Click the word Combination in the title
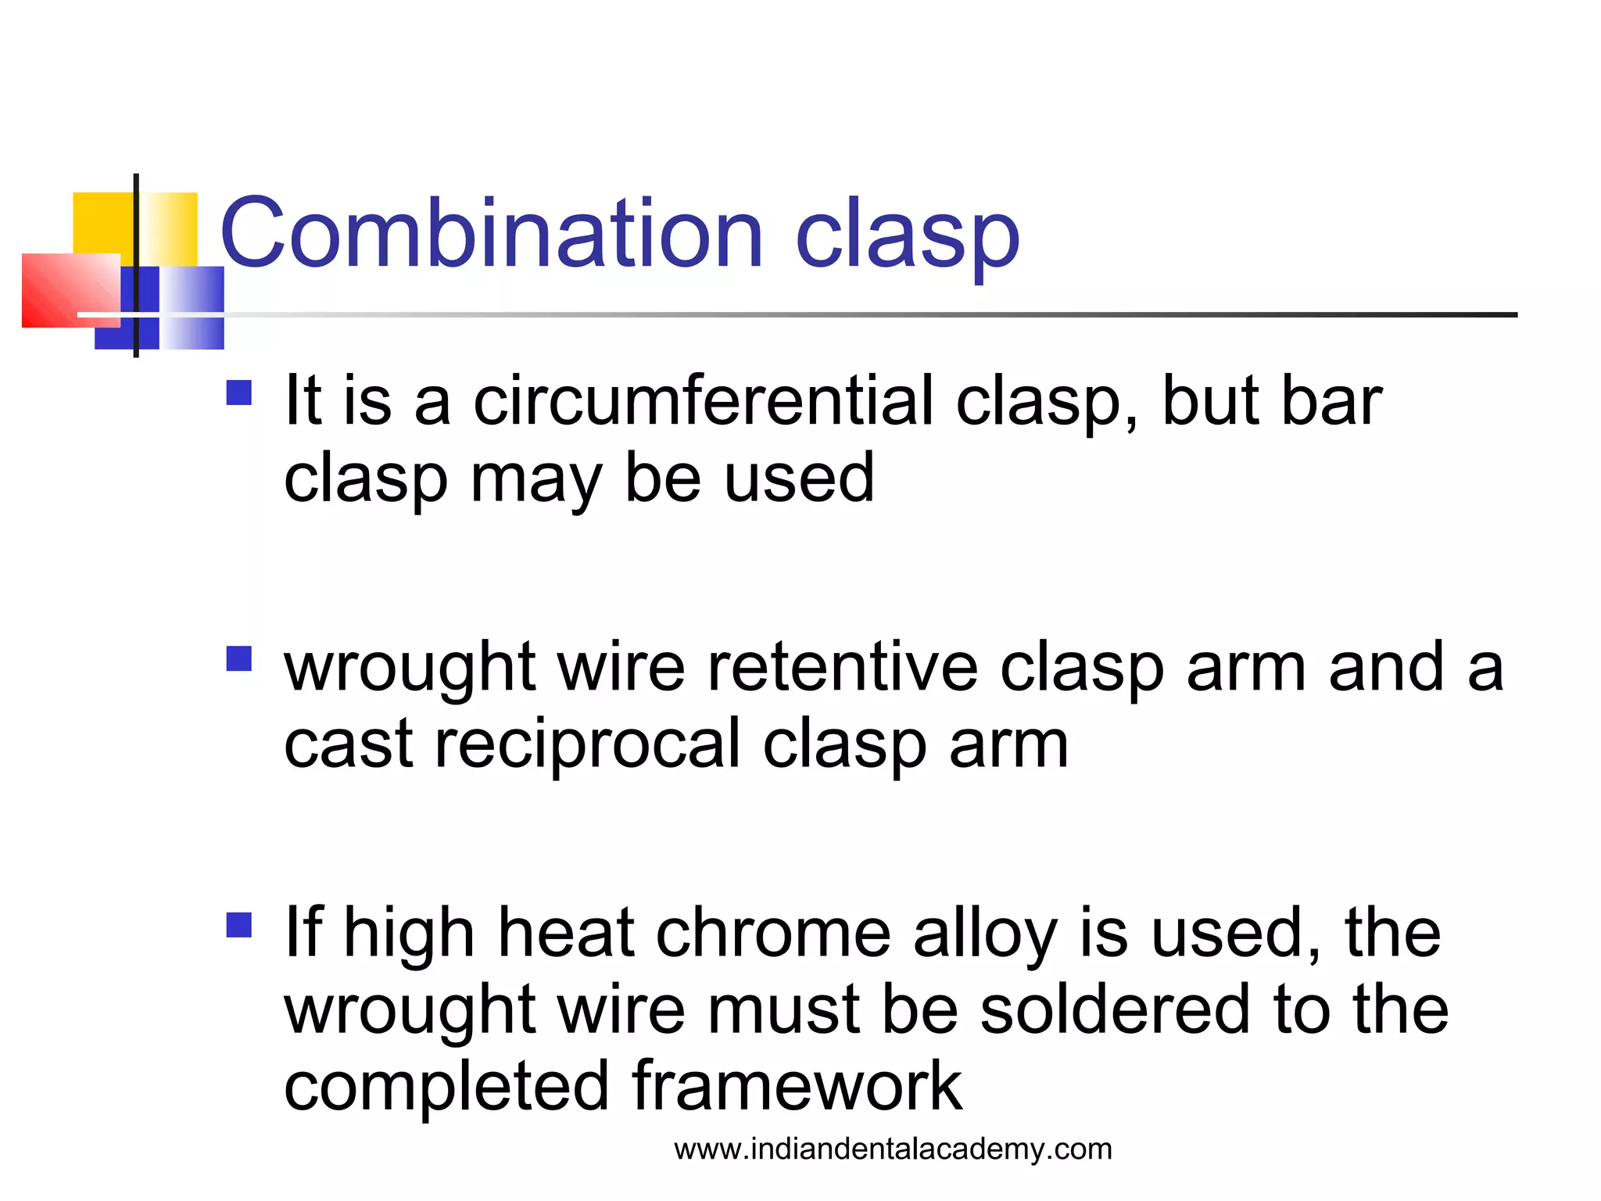point(491,233)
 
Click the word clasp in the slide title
point(907,235)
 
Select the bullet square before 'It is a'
point(238,393)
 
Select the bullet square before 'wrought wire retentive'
point(238,658)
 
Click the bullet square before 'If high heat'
point(238,925)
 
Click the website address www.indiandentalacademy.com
point(893,1149)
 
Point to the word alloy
point(986,934)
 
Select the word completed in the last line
point(446,1087)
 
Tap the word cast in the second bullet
point(348,745)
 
